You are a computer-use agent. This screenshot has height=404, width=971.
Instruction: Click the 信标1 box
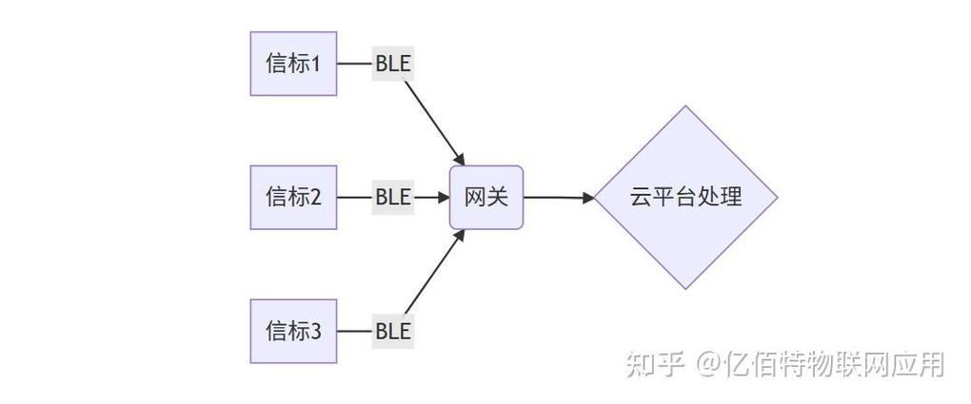point(293,64)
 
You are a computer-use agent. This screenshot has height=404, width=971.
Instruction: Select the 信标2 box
point(293,197)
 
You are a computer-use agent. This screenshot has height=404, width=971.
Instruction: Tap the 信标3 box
point(293,331)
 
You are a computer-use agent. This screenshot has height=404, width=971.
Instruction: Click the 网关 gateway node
point(486,197)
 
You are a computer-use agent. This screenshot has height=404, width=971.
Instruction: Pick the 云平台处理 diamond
point(685,197)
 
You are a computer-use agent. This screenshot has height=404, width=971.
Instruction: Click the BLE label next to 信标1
point(392,64)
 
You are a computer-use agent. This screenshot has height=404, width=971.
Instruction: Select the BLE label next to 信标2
point(392,197)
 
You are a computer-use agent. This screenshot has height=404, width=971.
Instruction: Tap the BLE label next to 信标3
point(392,331)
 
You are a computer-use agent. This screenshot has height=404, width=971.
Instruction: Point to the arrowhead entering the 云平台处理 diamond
point(587,198)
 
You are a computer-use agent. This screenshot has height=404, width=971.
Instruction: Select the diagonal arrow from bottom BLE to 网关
point(433,274)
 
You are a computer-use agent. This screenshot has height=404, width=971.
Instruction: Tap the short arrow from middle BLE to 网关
point(430,197)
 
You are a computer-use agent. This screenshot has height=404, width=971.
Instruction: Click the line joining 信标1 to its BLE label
point(353,64)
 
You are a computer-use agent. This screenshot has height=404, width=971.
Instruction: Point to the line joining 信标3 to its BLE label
point(353,331)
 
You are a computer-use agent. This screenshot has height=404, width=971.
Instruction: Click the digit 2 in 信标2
point(316,198)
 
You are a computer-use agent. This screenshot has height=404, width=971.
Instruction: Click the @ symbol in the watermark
point(706,364)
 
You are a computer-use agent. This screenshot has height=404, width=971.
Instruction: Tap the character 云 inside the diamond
point(640,197)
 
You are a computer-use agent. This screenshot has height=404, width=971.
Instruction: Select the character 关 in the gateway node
point(498,197)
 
